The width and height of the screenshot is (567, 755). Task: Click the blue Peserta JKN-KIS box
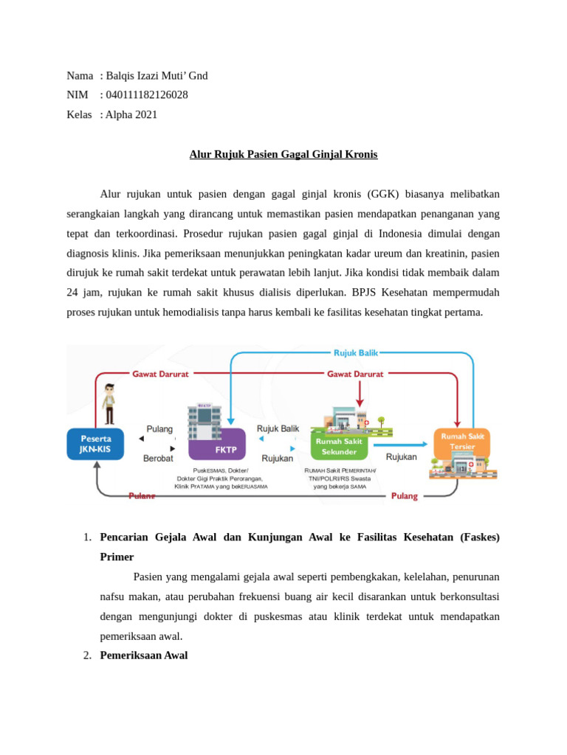(x=95, y=444)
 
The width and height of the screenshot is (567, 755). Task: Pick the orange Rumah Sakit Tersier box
(x=461, y=442)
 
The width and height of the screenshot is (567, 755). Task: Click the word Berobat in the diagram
(x=158, y=458)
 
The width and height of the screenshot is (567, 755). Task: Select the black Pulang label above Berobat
(x=159, y=428)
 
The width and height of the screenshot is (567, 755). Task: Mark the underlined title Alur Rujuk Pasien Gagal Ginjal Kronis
(x=283, y=154)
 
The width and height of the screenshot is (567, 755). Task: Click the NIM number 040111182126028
(x=146, y=95)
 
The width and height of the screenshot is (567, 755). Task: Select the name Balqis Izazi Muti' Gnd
(x=157, y=75)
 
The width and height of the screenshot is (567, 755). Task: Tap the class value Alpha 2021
(x=131, y=114)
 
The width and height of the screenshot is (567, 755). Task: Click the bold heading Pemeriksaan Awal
(x=144, y=655)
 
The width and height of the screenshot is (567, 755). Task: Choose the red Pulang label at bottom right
(x=404, y=496)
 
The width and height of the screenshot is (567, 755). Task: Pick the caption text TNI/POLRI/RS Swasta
(x=340, y=479)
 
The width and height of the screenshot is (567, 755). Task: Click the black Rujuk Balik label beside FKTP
(x=278, y=428)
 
